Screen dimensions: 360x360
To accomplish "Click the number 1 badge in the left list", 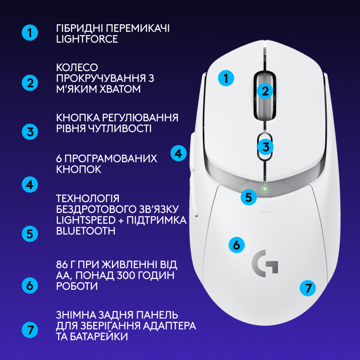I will [30, 33].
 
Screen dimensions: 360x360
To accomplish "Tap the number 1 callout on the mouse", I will [226, 78].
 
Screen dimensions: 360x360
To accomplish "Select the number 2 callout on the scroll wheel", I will [265, 90].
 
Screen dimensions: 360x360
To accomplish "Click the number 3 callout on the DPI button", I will [265, 146].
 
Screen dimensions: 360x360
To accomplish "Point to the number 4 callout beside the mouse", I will [179, 153].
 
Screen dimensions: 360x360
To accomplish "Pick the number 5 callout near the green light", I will [248, 197].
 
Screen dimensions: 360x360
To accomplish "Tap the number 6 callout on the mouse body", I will [237, 245].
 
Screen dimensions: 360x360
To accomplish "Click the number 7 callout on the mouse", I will [308, 288].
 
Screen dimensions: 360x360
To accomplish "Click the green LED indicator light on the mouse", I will [265, 188].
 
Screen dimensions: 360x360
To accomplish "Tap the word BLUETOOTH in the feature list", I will [85, 231].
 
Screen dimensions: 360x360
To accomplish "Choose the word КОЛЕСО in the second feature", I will [77, 67].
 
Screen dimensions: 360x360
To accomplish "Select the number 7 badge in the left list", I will [30, 330].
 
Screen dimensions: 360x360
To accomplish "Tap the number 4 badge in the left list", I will [30, 184].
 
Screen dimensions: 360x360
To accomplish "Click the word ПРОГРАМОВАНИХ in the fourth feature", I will [110, 159].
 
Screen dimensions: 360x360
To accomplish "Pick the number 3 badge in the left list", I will [30, 132].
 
